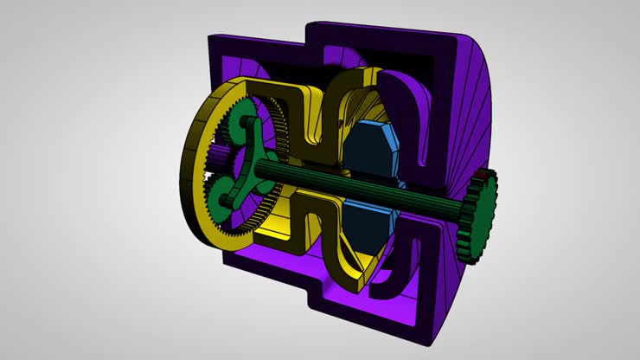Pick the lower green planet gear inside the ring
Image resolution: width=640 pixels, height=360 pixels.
(227, 192)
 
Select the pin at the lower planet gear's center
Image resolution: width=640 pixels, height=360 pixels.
(226, 192)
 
